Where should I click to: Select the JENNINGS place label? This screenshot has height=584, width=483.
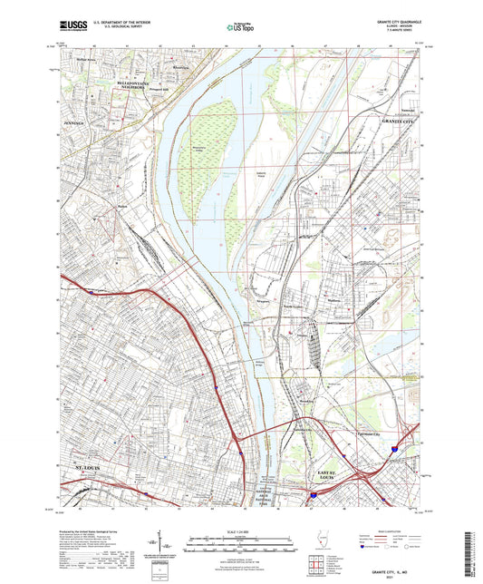73,120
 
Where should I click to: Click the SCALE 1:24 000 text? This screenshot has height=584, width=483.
240,530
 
